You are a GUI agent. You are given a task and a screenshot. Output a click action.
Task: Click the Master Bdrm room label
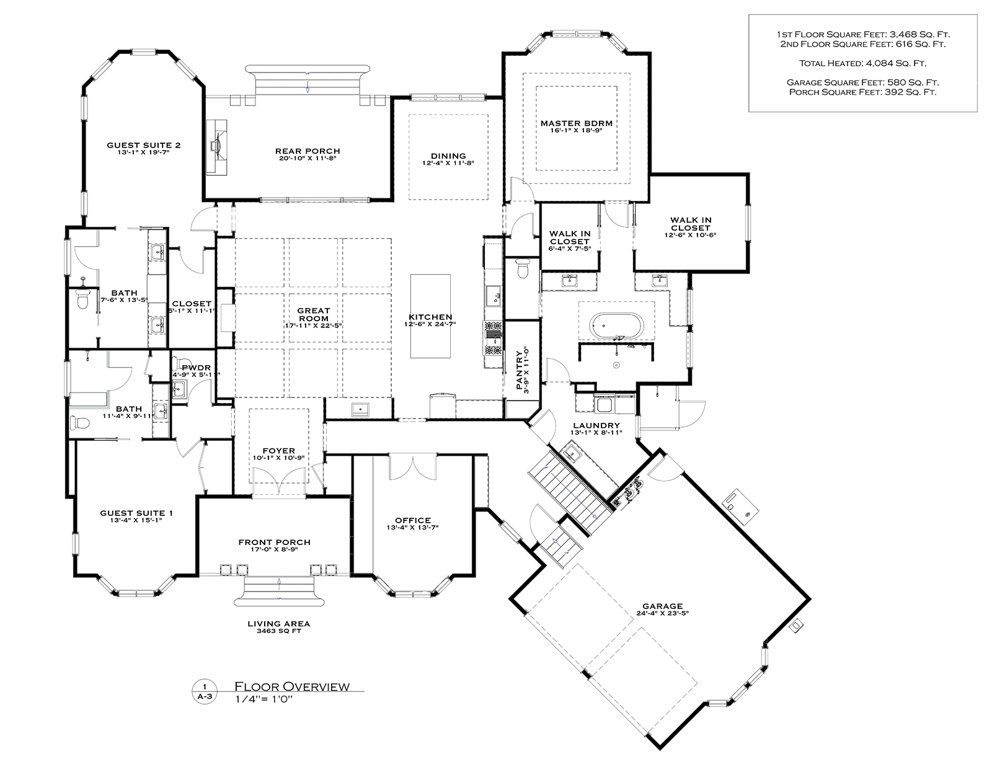click(x=576, y=123)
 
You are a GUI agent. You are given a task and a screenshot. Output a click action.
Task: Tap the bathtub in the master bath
click(x=616, y=326)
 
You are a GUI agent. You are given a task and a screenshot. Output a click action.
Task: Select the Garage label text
click(x=662, y=606)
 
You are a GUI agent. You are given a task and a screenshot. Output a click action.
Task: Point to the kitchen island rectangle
click(x=430, y=316)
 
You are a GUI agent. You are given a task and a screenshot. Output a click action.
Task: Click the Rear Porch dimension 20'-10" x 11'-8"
click(x=308, y=158)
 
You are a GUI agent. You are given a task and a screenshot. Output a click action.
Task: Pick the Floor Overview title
click(x=292, y=686)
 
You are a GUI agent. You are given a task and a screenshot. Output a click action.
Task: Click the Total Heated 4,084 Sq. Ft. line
click(x=862, y=63)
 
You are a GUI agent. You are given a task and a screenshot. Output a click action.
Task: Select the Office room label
click(x=413, y=520)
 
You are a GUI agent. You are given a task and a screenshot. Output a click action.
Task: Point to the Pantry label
click(x=519, y=370)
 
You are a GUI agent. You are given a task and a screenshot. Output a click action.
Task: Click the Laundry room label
click(x=596, y=425)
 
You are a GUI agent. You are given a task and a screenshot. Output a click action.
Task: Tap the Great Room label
click(x=314, y=314)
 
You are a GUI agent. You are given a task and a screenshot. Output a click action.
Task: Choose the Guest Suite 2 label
click(x=143, y=145)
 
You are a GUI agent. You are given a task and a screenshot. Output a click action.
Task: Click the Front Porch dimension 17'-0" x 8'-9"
click(x=275, y=550)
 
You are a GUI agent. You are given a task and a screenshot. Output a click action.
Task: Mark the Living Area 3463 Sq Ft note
click(x=278, y=627)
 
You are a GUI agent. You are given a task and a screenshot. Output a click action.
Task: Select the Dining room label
click(x=448, y=156)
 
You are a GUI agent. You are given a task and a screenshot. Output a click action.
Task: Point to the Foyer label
click(x=278, y=451)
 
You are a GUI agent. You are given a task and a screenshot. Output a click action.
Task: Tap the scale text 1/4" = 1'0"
click(x=263, y=699)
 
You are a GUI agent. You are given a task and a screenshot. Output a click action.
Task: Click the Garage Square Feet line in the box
click(x=862, y=82)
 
